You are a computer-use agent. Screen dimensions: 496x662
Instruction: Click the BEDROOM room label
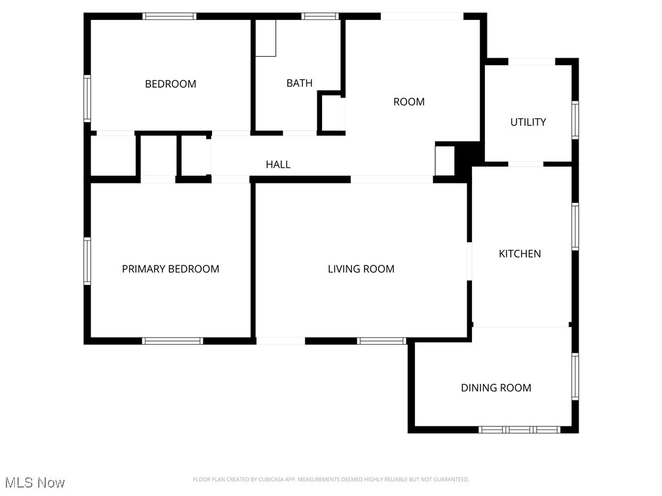coord(170,84)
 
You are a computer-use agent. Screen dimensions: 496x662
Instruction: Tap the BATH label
coord(299,83)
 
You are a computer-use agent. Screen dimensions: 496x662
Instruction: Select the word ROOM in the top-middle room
coord(409,101)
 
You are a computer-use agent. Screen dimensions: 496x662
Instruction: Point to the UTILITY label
coord(528,122)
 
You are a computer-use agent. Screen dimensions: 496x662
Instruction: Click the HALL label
coord(278,165)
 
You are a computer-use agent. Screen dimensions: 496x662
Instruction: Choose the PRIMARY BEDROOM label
coord(171,269)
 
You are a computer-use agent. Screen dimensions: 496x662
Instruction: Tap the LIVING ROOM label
coord(361,269)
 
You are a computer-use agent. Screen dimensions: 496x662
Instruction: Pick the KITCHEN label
coord(520,254)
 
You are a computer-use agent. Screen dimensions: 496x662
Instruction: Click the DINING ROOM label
coord(496,387)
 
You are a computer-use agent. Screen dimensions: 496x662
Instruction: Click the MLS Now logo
coord(35,482)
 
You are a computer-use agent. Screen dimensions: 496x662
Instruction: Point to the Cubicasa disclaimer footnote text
coord(331,479)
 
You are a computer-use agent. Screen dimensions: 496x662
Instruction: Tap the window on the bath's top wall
coord(320,17)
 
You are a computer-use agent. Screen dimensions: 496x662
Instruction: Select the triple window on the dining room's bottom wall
coord(520,429)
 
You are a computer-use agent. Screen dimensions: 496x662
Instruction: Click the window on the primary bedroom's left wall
coord(87,261)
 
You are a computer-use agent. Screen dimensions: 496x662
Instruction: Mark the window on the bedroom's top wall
coord(169,17)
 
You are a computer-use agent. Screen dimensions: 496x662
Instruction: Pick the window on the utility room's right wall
coord(575,120)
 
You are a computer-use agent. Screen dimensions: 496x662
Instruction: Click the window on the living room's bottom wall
coord(381,340)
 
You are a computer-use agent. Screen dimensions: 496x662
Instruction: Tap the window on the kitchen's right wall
coord(575,226)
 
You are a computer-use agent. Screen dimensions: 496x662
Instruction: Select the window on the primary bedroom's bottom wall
coord(173,340)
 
